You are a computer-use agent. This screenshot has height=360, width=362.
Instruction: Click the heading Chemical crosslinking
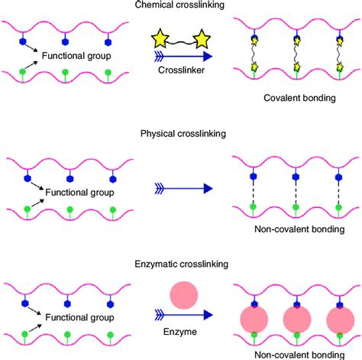pyautogui.click(x=181, y=5)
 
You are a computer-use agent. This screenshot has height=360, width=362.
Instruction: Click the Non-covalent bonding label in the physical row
pyautogui.click(x=294, y=227)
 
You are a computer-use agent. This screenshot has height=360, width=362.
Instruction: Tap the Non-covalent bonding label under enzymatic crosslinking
pyautogui.click(x=294, y=355)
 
